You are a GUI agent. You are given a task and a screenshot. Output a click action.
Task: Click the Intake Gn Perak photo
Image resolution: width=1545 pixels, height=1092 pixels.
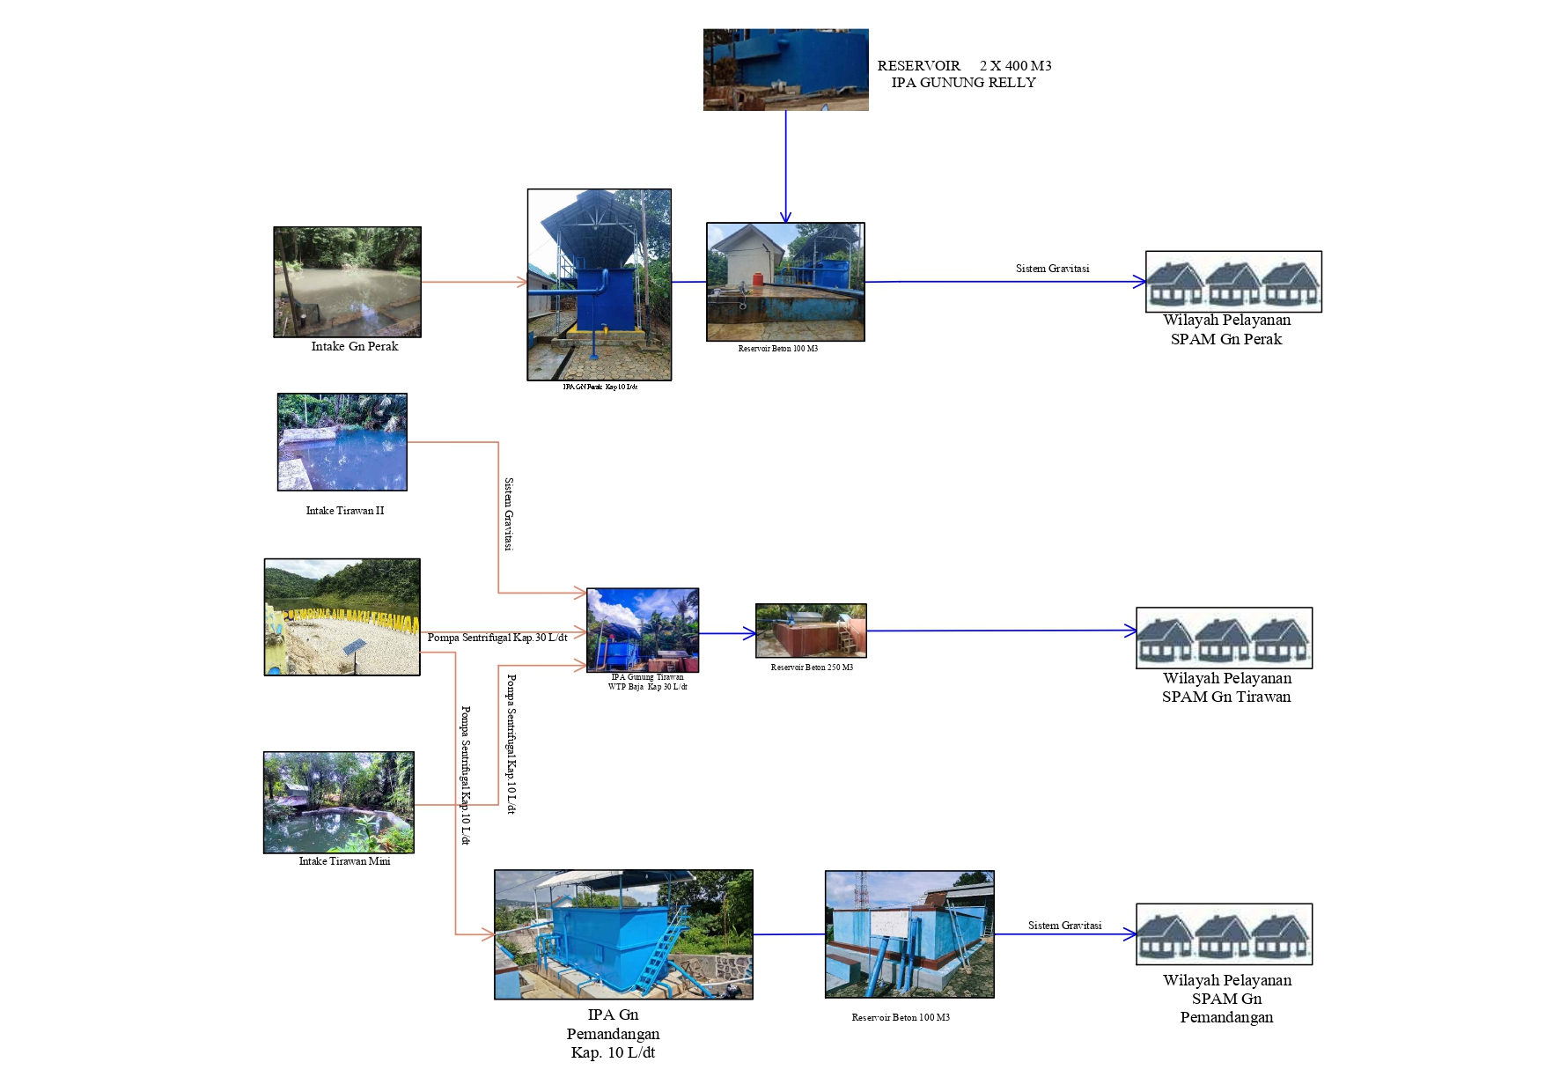(347, 282)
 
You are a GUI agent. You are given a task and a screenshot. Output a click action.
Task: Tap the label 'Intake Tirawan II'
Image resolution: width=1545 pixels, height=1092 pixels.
(344, 511)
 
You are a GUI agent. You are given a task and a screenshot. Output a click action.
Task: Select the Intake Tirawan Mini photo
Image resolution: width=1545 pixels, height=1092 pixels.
(338, 802)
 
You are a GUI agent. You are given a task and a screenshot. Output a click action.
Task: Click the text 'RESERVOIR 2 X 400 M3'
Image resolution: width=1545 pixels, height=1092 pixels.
(964, 66)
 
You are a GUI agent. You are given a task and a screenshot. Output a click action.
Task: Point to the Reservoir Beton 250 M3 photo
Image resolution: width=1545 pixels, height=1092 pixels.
(811, 631)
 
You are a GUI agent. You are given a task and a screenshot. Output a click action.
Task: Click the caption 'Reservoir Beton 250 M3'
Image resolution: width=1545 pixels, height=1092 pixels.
(812, 668)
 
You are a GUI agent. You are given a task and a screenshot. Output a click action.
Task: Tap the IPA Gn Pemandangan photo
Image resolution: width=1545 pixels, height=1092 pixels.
(623, 934)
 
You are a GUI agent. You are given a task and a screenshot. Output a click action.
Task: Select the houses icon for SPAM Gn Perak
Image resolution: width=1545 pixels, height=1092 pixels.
(1233, 282)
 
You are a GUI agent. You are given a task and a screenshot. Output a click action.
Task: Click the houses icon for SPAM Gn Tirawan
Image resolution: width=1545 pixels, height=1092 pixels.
(1224, 638)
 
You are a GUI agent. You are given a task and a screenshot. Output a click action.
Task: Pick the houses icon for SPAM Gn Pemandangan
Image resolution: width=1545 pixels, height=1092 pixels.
(1224, 934)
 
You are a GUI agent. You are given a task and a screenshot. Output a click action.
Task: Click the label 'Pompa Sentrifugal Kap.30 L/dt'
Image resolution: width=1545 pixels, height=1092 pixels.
(497, 638)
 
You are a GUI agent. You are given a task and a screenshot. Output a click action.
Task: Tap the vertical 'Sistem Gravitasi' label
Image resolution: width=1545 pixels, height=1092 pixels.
(509, 514)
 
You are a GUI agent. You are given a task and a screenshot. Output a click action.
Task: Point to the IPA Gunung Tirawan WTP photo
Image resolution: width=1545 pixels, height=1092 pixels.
(643, 631)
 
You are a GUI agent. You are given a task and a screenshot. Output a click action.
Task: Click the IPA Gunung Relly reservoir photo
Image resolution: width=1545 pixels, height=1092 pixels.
(785, 70)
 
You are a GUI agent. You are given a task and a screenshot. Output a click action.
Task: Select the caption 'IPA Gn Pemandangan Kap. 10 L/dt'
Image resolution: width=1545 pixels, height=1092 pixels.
(613, 1034)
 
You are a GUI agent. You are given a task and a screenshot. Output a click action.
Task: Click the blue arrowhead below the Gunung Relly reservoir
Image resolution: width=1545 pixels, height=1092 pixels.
(785, 217)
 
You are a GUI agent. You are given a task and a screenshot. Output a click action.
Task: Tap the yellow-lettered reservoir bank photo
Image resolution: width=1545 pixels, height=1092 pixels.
(342, 617)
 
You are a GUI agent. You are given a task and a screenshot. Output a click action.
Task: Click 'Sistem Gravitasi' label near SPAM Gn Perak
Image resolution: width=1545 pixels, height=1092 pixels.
(1052, 269)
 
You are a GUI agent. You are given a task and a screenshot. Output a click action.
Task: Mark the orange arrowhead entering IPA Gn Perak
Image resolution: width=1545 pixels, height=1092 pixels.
(522, 283)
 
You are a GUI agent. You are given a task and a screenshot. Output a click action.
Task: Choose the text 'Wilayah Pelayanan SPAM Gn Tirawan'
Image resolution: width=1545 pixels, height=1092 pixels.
(1226, 688)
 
